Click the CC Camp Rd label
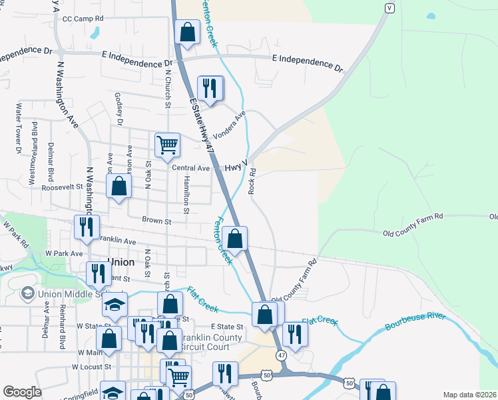[x=83, y=19]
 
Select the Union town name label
[x=121, y=262]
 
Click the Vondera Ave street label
[x=230, y=122]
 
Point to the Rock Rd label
[x=252, y=181]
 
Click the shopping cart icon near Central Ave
[x=167, y=143]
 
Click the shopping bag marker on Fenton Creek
[x=234, y=238]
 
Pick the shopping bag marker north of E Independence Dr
[x=188, y=31]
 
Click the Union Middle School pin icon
[x=27, y=293]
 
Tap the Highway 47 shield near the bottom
[x=282, y=356]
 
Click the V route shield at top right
[x=389, y=7]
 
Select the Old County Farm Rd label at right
[x=413, y=217]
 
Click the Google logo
[x=22, y=392]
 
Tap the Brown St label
[x=156, y=221]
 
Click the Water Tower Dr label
[x=19, y=129]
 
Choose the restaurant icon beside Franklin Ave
[x=87, y=227]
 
